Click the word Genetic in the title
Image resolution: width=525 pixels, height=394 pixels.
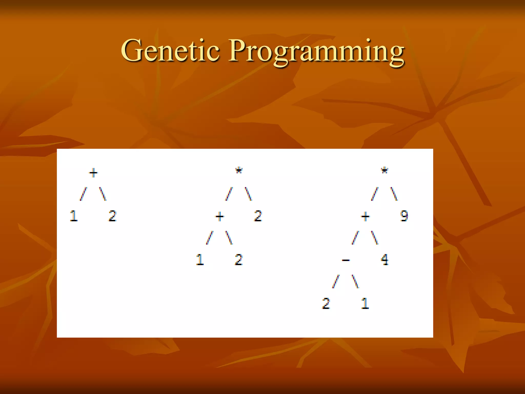click(170, 50)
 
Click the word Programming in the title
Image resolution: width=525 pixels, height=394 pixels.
click(316, 51)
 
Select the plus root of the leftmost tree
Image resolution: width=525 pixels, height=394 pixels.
click(93, 173)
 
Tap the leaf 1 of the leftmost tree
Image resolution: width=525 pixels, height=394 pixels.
click(74, 216)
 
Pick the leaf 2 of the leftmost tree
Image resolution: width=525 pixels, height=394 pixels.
click(113, 216)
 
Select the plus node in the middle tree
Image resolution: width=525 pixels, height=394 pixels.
click(220, 217)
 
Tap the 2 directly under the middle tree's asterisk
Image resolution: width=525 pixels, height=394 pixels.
click(258, 216)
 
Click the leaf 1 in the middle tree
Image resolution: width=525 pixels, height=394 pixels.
click(200, 260)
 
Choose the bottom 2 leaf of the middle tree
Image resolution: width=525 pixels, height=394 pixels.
click(239, 260)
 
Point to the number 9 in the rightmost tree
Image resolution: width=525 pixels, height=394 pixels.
click(404, 216)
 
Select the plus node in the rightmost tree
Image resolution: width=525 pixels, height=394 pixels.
click(365, 217)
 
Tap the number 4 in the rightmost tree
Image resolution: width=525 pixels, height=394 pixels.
click(385, 260)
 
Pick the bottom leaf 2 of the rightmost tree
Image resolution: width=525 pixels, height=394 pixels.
click(326, 304)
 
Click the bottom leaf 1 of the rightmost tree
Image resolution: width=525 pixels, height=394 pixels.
click(365, 304)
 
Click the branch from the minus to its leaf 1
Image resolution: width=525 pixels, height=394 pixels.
click(355, 282)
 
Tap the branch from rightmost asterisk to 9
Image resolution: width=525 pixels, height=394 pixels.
click(394, 194)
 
